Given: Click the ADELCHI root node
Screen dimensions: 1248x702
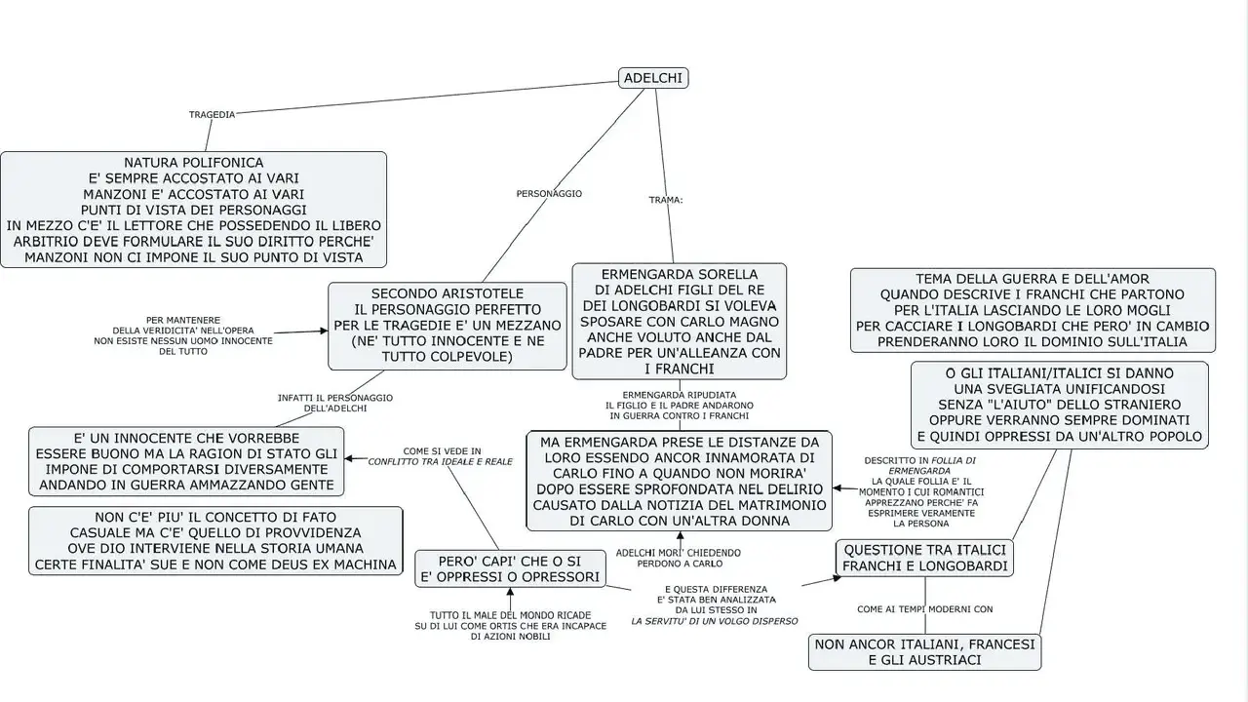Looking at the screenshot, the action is pyautogui.click(x=653, y=78).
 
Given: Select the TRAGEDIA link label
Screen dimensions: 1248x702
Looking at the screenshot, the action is pyautogui.click(x=212, y=115).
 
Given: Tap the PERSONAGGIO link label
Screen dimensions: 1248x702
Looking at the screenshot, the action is pyautogui.click(x=549, y=194).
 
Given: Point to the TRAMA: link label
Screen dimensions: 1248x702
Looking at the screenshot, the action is pyautogui.click(x=666, y=200).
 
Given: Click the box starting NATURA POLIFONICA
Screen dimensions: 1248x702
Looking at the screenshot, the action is pyautogui.click(x=193, y=210).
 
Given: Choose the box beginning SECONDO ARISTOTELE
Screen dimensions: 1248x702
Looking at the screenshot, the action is pyautogui.click(x=448, y=326).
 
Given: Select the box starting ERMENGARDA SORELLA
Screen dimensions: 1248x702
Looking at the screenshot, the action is pyautogui.click(x=680, y=322).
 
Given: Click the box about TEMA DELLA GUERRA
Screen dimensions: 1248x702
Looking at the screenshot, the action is pyautogui.click(x=1033, y=310).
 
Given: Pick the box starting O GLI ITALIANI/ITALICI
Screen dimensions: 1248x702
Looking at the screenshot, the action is pyautogui.click(x=1060, y=405).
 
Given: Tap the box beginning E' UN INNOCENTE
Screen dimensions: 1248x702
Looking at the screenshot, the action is pyautogui.click(x=186, y=461).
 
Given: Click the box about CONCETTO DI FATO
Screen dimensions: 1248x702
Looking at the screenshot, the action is pyautogui.click(x=215, y=540).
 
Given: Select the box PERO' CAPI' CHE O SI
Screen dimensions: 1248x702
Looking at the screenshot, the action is pyautogui.click(x=510, y=568).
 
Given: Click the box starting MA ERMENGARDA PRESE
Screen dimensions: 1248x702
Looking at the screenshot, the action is pyautogui.click(x=680, y=481).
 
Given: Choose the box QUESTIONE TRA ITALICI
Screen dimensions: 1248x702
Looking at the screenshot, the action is pyautogui.click(x=925, y=558).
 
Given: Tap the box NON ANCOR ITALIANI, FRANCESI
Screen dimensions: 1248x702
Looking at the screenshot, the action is pyautogui.click(x=925, y=652).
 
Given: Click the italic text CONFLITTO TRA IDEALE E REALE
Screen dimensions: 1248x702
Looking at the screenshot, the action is pyautogui.click(x=440, y=462).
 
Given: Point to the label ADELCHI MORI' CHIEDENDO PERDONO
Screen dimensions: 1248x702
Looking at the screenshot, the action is pyautogui.click(x=679, y=559).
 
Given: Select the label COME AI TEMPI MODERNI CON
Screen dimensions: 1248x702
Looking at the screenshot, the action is pyautogui.click(x=925, y=609).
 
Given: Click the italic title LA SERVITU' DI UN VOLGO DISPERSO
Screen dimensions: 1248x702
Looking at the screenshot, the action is pyautogui.click(x=715, y=621).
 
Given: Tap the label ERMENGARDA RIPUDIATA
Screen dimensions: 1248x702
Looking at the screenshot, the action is pyautogui.click(x=680, y=395).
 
